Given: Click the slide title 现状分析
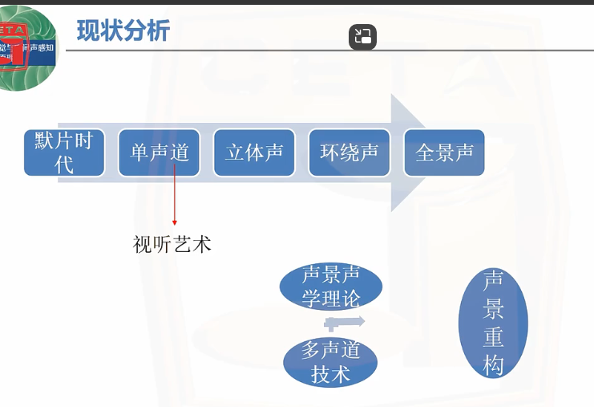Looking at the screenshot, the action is tap(123, 31).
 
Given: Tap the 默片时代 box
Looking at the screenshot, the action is tap(65, 153).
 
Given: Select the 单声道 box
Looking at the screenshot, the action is tap(160, 153).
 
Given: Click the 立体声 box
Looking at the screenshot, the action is tap(254, 153).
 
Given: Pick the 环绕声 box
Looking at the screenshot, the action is tap(350, 153).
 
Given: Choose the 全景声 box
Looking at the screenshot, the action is tap(444, 153).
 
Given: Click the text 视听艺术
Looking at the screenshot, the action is tap(172, 244).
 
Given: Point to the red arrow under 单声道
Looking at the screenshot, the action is tap(175, 201).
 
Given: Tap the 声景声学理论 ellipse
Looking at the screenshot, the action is tap(331, 287).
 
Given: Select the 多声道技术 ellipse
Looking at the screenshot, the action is tap(331, 362).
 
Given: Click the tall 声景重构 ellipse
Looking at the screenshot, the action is tap(493, 323).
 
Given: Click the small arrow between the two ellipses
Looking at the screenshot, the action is tap(344, 323).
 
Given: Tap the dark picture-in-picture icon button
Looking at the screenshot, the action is tap(362, 37).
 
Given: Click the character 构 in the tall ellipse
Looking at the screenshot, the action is tap(493, 365).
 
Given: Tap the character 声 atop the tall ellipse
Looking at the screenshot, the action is tap(493, 280).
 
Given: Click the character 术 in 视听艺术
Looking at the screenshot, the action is tap(202, 244).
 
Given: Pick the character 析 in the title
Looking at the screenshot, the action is tap(158, 31).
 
